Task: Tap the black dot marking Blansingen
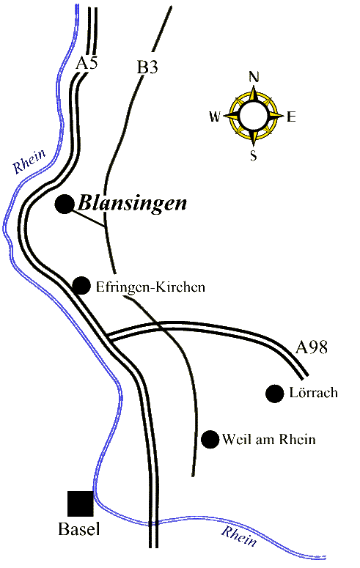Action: coord(65,204)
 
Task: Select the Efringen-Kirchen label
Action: coord(150,287)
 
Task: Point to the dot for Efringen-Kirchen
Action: coord(81,286)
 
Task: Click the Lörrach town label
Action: coord(314,392)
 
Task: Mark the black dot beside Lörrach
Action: coord(274,394)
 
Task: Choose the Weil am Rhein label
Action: coord(269,440)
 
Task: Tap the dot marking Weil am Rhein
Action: coord(210,440)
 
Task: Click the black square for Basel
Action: coord(81,504)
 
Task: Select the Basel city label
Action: coord(79,529)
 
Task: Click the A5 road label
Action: coord(87,64)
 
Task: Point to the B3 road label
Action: coord(147,67)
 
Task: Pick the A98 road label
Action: coord(312,347)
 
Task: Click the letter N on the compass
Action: coord(254,77)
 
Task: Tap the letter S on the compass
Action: coord(254,156)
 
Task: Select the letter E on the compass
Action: coord(292,117)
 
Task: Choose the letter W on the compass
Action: coord(215,117)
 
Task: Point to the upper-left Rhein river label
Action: coord(29,161)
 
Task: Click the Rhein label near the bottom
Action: coord(239,536)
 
